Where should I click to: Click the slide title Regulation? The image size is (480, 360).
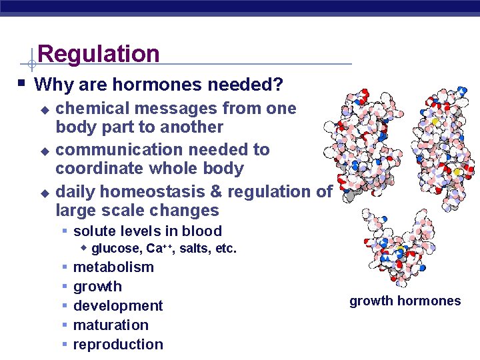[99, 53]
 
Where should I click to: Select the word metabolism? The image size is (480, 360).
[113, 267]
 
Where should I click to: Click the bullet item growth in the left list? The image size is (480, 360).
[97, 287]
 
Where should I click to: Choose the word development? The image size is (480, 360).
[118, 306]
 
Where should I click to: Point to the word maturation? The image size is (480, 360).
[111, 325]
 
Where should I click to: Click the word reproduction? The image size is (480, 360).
[118, 345]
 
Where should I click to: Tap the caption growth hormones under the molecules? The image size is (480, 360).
[405, 301]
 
